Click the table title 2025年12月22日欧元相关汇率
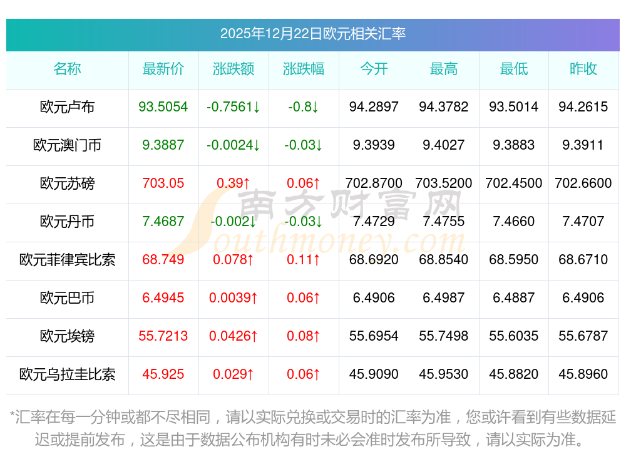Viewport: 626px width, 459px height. click(x=312, y=33)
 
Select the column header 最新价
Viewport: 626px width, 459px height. click(x=163, y=69)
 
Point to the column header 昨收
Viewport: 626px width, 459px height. click(x=583, y=69)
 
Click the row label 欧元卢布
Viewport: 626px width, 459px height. click(x=67, y=107)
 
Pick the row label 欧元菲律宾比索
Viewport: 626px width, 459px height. click(x=67, y=260)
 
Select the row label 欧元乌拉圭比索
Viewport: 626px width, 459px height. click(x=67, y=374)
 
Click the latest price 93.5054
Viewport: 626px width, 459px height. click(x=163, y=107)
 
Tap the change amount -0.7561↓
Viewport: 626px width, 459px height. click(x=233, y=107)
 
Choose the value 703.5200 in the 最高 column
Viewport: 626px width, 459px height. click(x=443, y=183)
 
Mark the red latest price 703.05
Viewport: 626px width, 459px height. click(x=163, y=183)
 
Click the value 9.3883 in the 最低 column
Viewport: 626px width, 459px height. click(x=513, y=145)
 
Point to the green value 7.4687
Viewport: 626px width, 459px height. click(x=163, y=222)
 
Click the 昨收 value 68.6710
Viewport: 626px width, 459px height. click(x=583, y=260)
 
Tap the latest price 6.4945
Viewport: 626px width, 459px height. click(x=163, y=298)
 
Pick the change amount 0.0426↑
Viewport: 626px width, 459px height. click(x=233, y=336)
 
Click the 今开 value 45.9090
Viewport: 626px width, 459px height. click(x=374, y=374)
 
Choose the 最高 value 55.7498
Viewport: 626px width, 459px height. click(x=443, y=336)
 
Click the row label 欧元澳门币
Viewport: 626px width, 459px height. click(x=67, y=145)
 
